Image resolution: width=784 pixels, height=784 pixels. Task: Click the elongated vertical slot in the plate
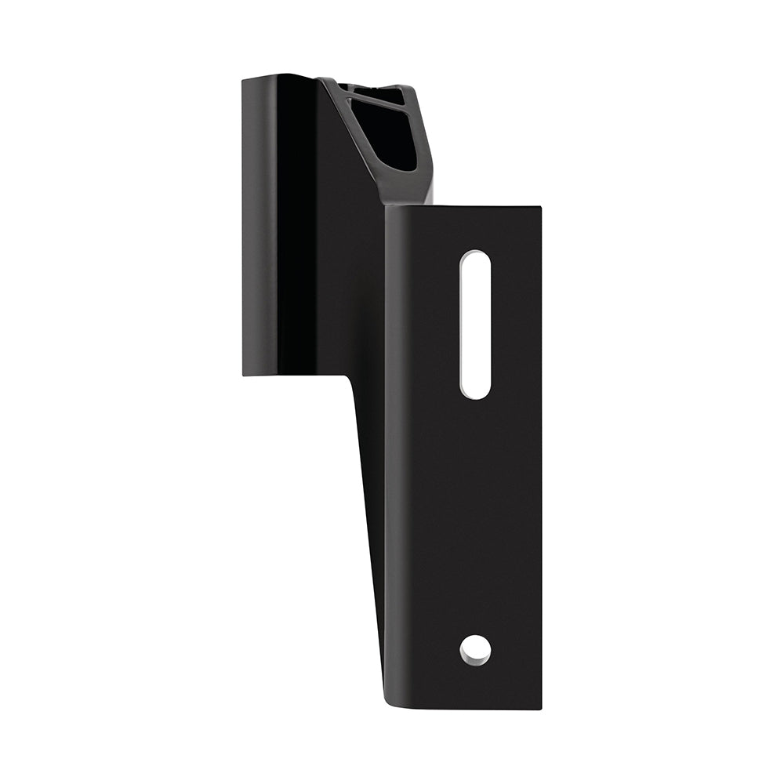point(475,324)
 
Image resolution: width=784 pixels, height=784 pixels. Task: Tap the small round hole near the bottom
point(475,650)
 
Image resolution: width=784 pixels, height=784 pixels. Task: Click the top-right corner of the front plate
point(540,209)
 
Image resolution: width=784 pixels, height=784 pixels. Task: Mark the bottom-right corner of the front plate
point(540,708)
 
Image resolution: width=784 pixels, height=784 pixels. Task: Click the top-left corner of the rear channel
point(243,78)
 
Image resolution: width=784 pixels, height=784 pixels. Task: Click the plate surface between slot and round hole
point(475,517)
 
